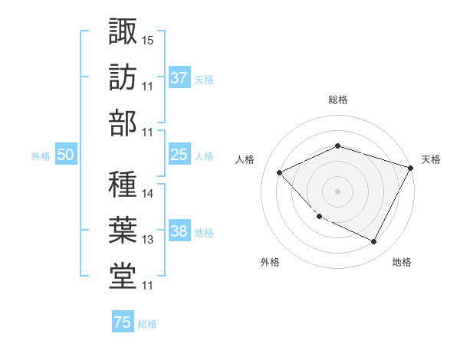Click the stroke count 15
[x=149, y=40]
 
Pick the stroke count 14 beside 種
[x=149, y=194]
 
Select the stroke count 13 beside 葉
[x=149, y=240]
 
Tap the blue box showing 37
[x=179, y=77]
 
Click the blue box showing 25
[x=179, y=155]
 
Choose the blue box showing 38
[x=179, y=232]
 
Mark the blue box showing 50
[x=65, y=155]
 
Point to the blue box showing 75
[x=122, y=322]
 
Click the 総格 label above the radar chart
[x=338, y=100]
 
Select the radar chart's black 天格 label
[x=431, y=159]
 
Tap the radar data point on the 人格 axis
[x=280, y=172]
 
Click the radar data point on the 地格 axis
[x=373, y=242]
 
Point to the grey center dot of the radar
[x=337, y=191]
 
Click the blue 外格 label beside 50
[x=41, y=155]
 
